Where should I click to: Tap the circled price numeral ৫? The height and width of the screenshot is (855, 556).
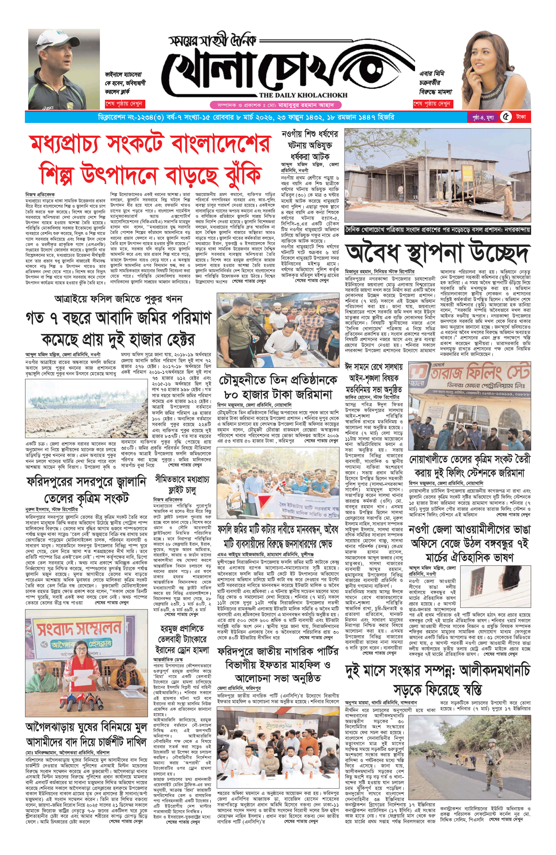[506, 117]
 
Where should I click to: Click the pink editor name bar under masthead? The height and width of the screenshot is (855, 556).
[275, 105]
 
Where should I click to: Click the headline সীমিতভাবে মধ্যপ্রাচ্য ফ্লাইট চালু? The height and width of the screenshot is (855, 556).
[182, 485]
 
